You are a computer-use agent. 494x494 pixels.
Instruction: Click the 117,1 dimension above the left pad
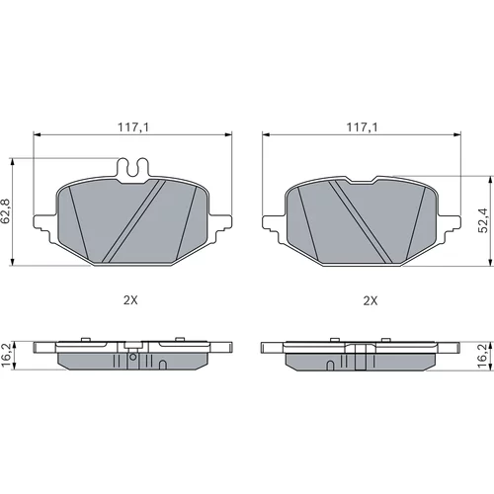(133, 127)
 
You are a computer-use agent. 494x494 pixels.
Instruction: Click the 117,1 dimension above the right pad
(362, 127)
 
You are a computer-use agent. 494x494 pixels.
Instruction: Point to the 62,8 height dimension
(6, 211)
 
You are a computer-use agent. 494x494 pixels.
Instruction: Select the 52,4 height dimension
(484, 220)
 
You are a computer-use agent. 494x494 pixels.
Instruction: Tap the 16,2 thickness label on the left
(6, 356)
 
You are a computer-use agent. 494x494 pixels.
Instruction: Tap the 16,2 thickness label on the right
(483, 356)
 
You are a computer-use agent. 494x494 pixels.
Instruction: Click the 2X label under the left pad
(130, 300)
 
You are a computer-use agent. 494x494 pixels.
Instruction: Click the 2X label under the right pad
(370, 300)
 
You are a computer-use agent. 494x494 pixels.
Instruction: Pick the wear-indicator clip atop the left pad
(133, 170)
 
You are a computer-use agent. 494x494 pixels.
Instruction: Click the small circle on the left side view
(133, 357)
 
